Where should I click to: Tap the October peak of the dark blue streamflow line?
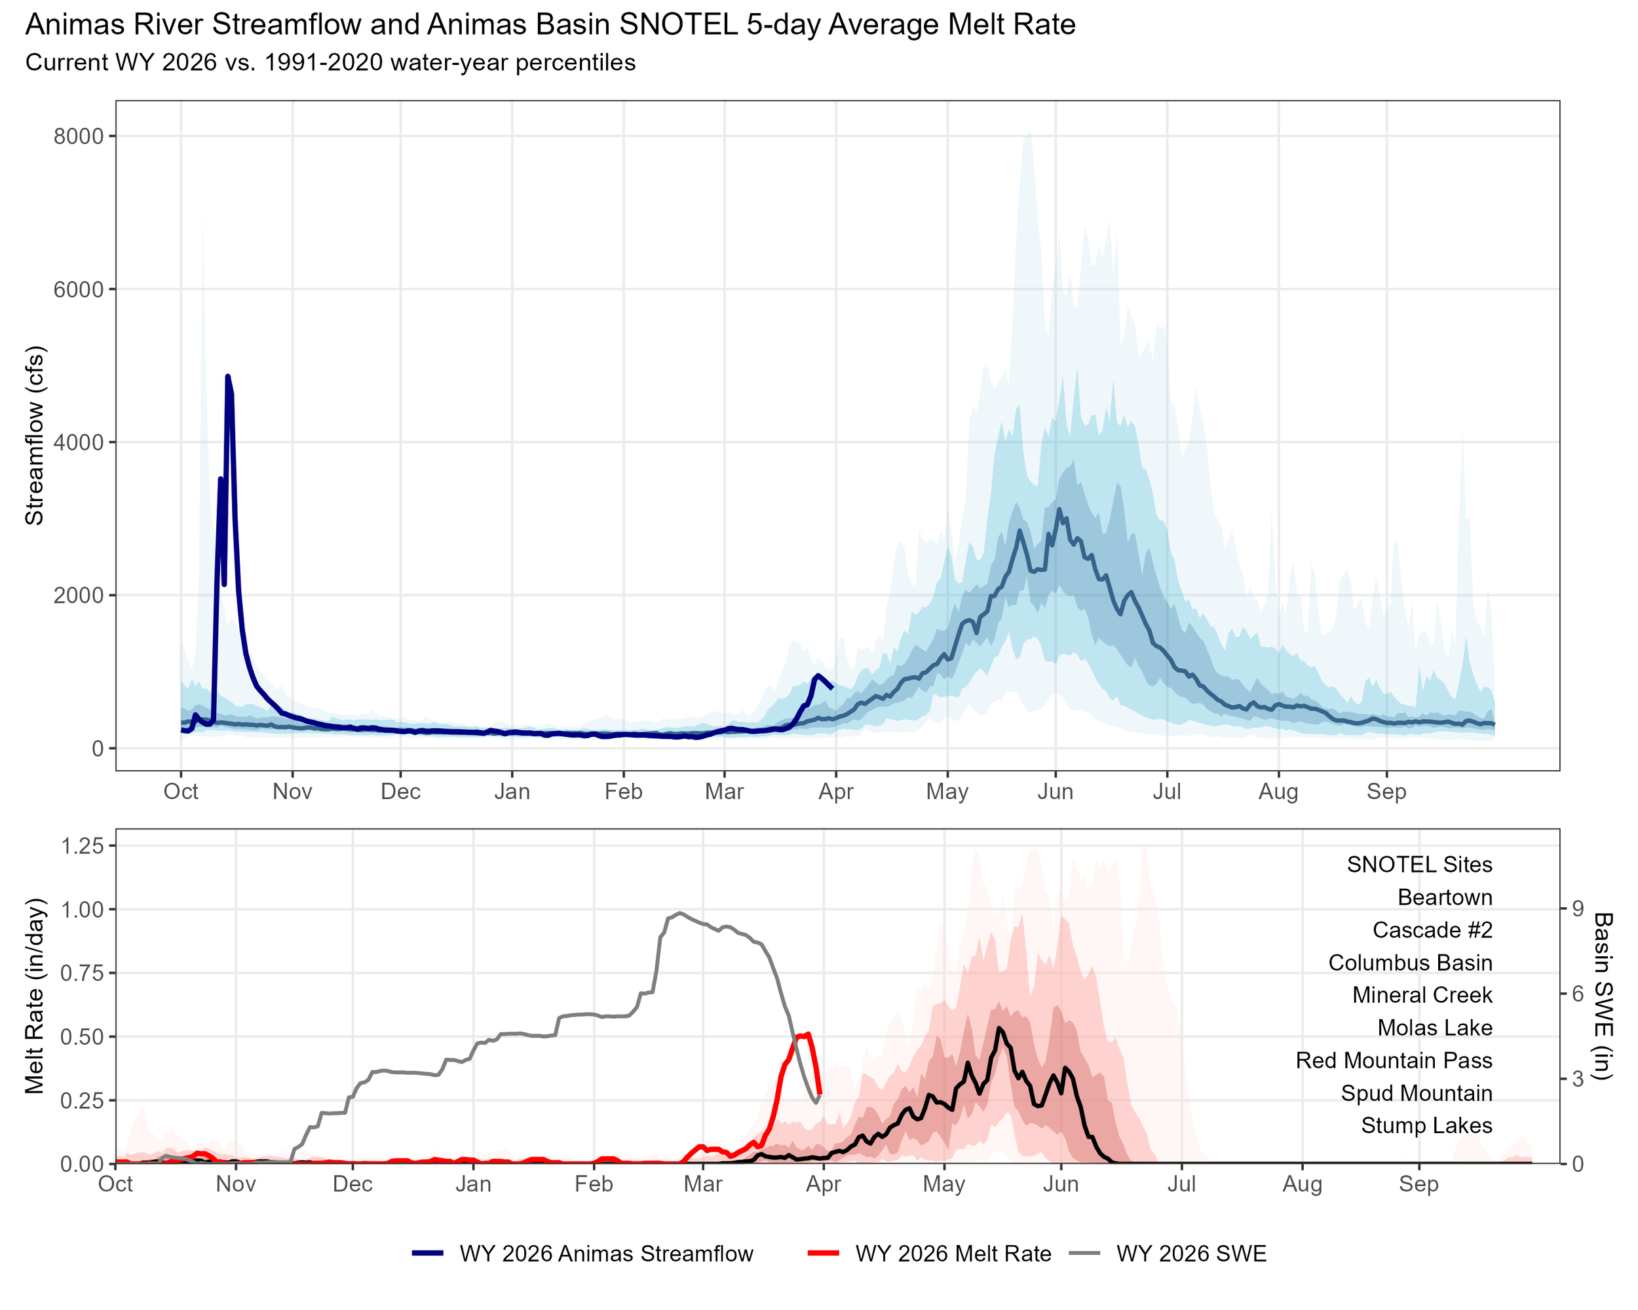pyautogui.click(x=227, y=377)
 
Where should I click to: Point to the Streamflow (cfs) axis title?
pyautogui.click(x=35, y=435)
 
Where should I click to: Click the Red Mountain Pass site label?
pyautogui.click(x=1394, y=1060)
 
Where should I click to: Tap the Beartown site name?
pyautogui.click(x=1444, y=897)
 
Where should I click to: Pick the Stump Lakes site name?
pyautogui.click(x=1426, y=1125)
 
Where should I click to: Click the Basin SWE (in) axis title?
pyautogui.click(x=1603, y=996)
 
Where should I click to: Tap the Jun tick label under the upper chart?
pyautogui.click(x=1056, y=792)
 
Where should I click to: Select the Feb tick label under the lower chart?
pyautogui.click(x=594, y=1184)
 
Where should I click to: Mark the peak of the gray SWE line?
pyautogui.click(x=680, y=913)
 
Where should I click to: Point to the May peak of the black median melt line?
pyautogui.click(x=999, y=1028)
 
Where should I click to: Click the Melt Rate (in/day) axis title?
pyautogui.click(x=35, y=996)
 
